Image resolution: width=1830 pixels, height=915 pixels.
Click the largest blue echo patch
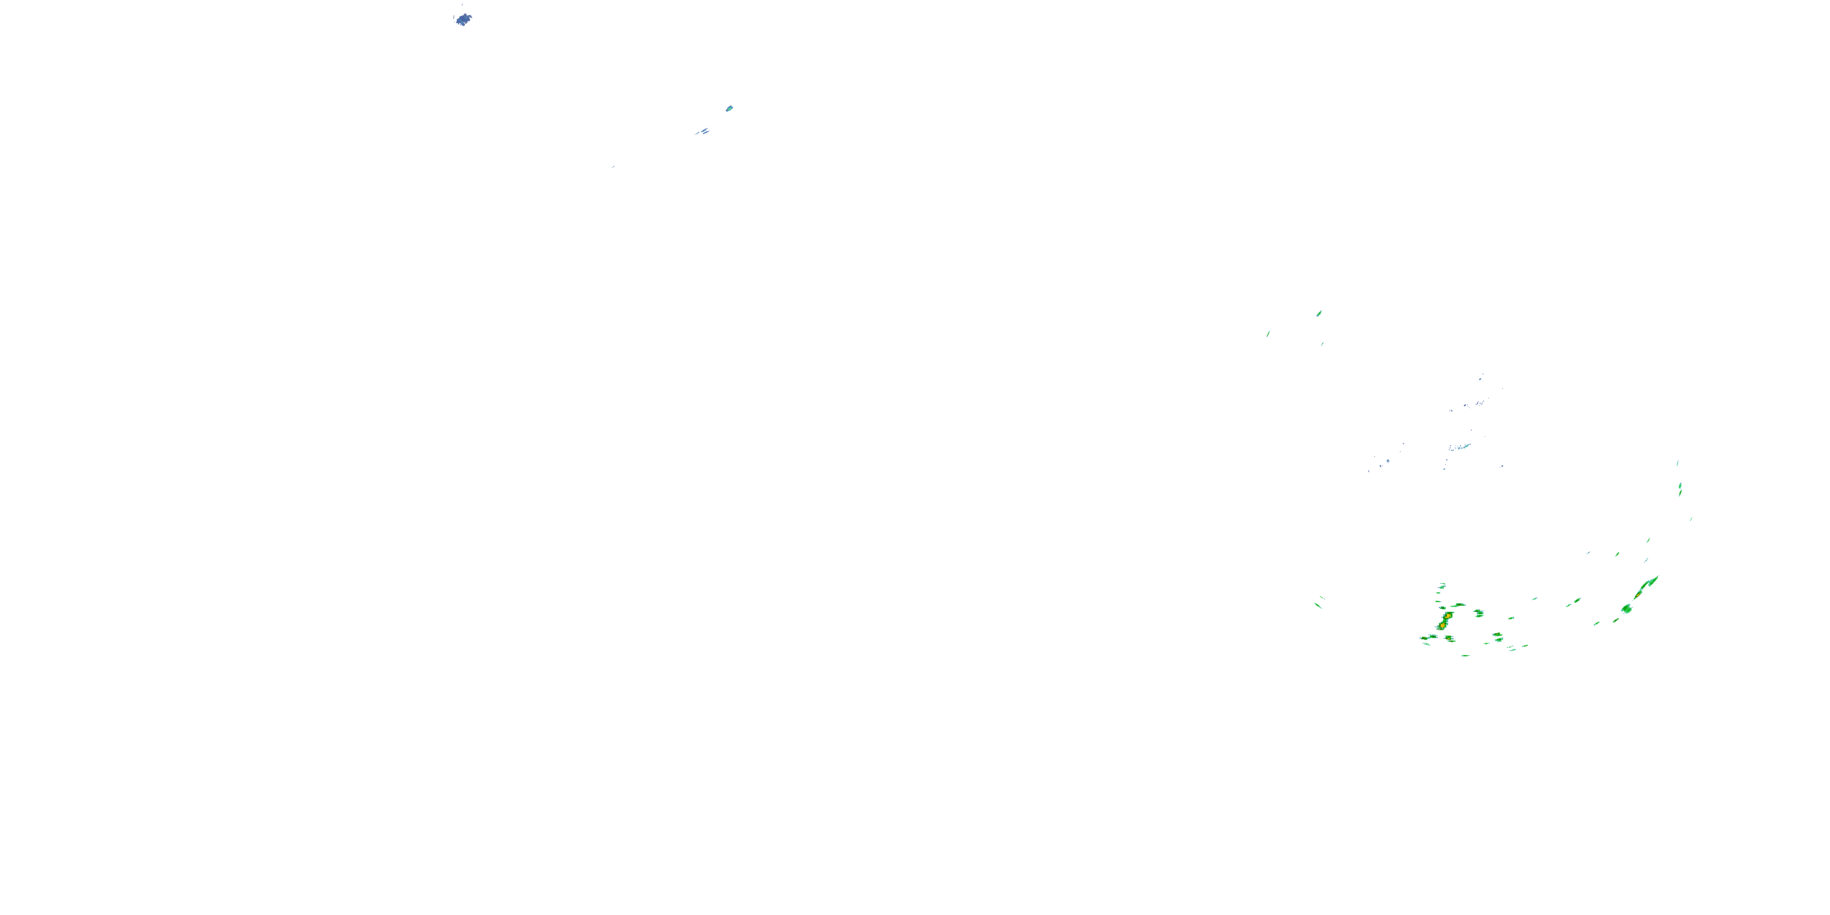(463, 19)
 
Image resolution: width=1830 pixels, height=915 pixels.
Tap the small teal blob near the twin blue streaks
(729, 109)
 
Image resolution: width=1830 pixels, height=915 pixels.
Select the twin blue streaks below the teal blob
(703, 131)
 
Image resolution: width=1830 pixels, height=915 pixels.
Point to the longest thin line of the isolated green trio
(1268, 333)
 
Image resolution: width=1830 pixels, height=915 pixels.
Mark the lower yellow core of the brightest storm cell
(1442, 625)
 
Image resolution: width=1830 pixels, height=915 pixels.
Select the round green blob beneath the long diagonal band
(1626, 609)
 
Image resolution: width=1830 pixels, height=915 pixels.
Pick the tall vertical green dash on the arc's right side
(1680, 489)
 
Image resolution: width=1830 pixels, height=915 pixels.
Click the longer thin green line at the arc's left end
(1318, 605)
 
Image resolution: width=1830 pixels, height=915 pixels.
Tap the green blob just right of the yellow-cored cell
(1479, 612)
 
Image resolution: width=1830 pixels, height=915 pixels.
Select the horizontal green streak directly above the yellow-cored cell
(1459, 605)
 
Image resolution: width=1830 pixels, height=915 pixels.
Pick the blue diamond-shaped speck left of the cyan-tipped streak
(1387, 461)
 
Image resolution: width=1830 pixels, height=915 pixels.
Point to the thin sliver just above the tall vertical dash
(1678, 463)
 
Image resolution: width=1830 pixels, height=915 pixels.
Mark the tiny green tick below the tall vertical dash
(1691, 519)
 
